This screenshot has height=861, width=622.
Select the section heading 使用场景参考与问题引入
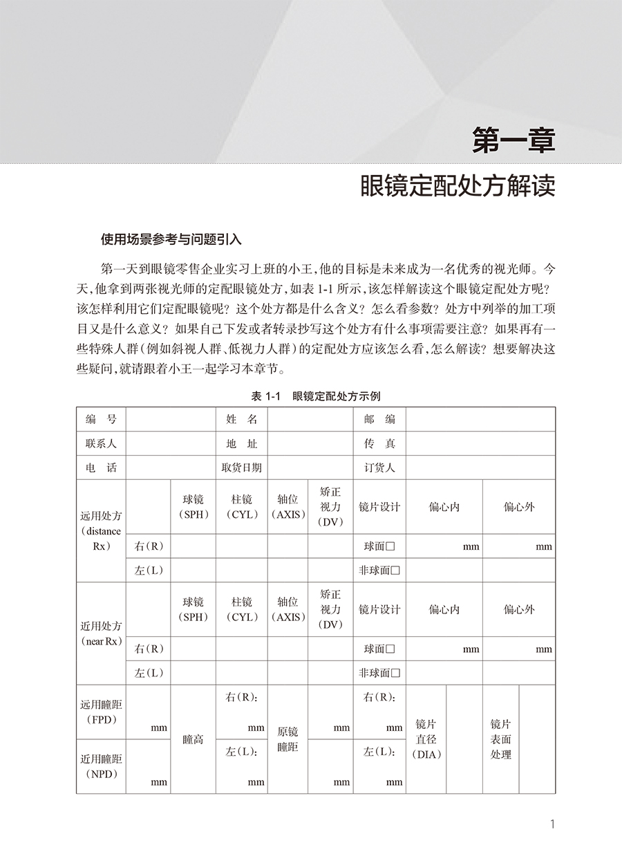(171, 240)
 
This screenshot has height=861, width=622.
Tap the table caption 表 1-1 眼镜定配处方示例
(316, 396)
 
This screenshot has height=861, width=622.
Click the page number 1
(552, 824)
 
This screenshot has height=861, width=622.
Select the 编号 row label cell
(101, 419)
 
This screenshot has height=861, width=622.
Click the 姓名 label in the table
(241, 419)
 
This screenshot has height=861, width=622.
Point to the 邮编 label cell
(379, 419)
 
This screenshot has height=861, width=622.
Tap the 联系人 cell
(101, 443)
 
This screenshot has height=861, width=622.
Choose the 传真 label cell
(379, 443)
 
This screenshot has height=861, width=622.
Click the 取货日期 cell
(241, 467)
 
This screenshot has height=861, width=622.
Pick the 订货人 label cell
(379, 467)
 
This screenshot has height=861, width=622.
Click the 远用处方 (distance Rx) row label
(101, 530)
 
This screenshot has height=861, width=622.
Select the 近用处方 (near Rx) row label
(101, 633)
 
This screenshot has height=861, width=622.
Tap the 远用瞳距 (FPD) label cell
(101, 712)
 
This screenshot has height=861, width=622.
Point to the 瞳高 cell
(193, 739)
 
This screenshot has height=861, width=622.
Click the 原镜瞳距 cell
(288, 739)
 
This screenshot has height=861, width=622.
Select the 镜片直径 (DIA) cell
(426, 739)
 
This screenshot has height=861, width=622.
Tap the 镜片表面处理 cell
(500, 739)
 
